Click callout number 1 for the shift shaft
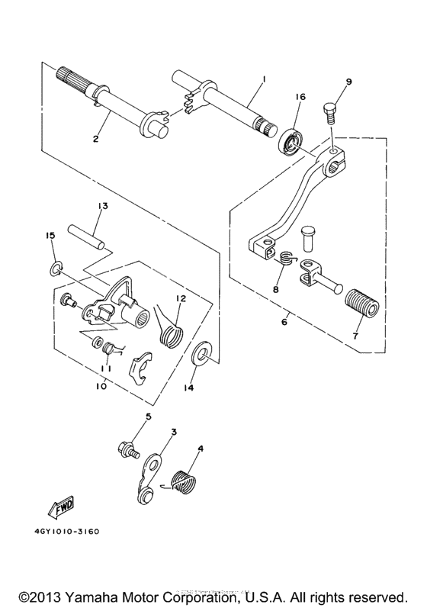coord(264,79)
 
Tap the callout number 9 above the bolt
coord(348,82)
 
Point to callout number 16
coord(300,97)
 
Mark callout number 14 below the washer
coord(189,388)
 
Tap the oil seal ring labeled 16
coord(291,143)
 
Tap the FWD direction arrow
coord(62,507)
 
